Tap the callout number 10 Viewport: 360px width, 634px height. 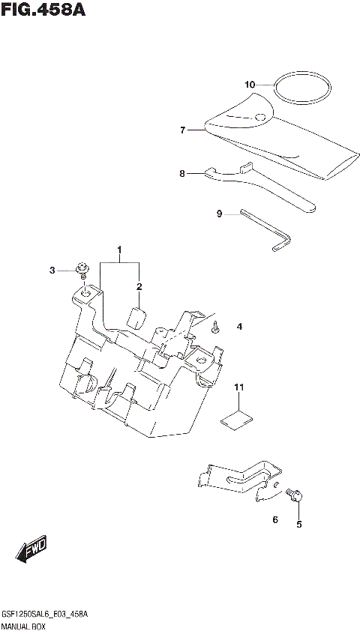(250, 84)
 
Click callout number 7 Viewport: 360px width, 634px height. (182, 130)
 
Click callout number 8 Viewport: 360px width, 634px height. (182, 173)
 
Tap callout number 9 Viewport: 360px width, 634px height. (220, 214)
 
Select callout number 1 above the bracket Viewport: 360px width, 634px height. (118, 249)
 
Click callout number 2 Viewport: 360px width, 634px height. (139, 287)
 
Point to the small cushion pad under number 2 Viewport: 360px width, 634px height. (135, 316)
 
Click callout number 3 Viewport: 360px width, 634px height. (52, 270)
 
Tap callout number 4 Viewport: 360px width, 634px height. (239, 327)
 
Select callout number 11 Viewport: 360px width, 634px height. (239, 387)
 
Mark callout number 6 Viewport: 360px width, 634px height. (275, 519)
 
